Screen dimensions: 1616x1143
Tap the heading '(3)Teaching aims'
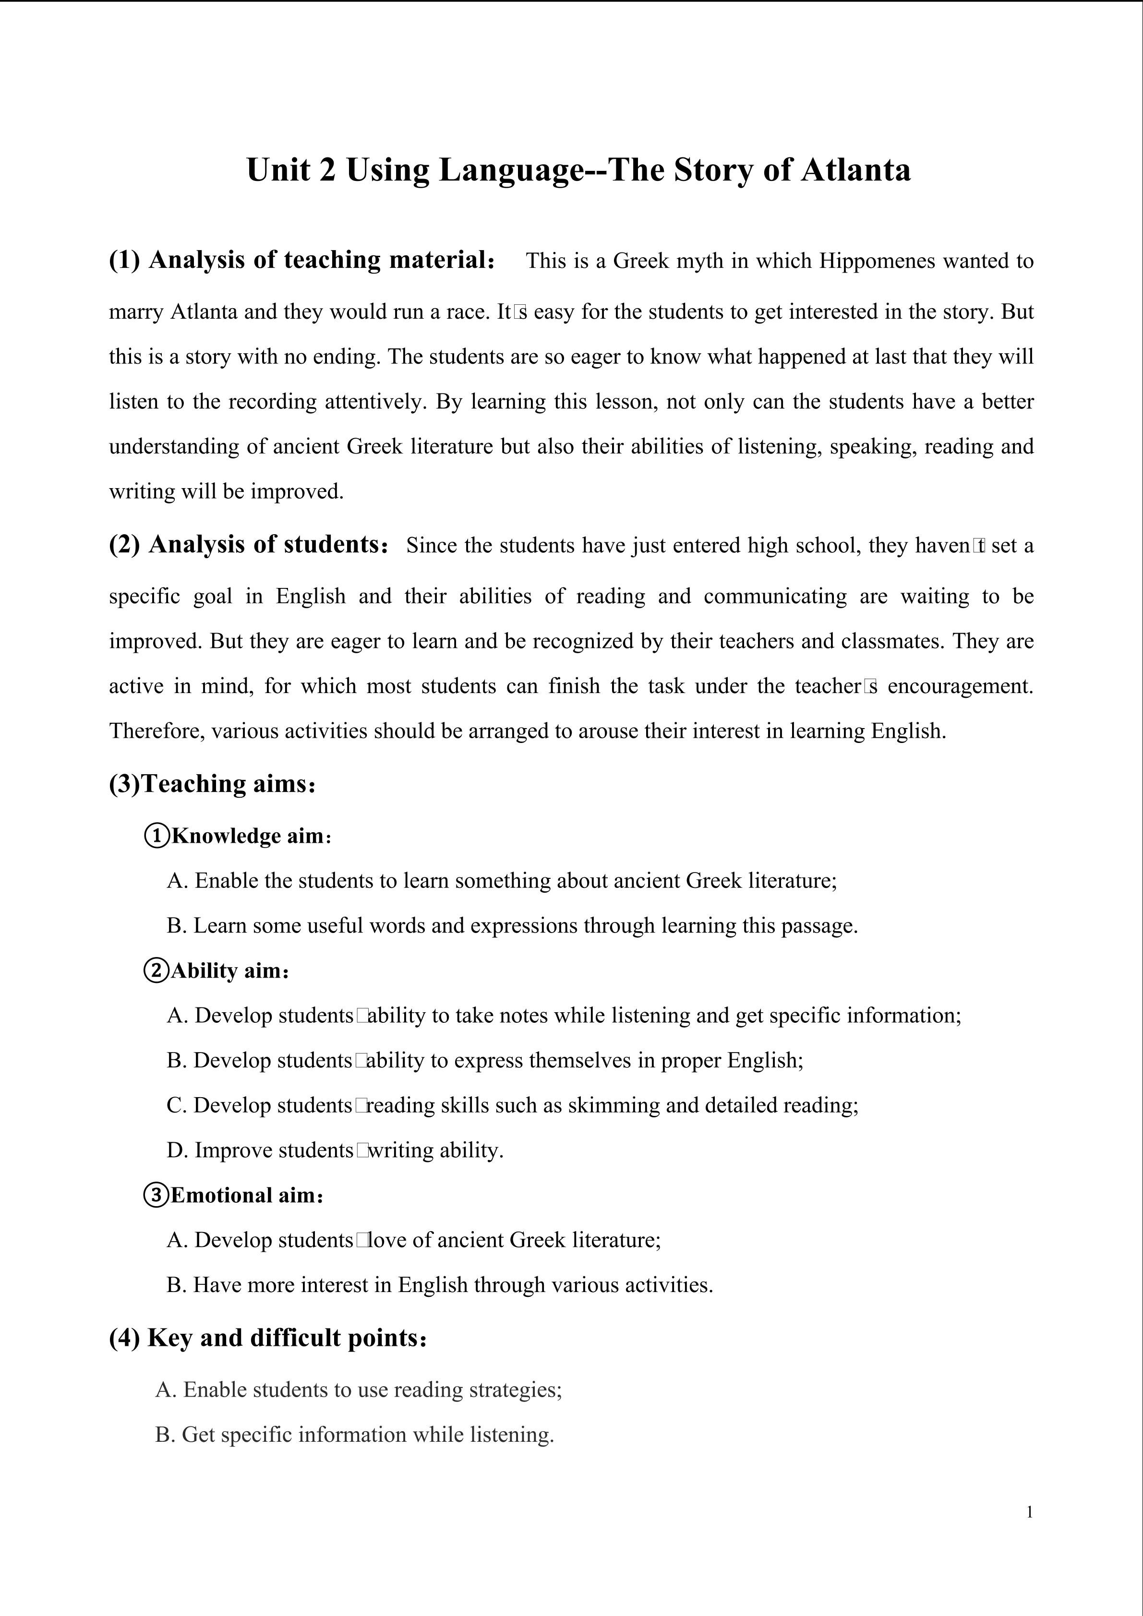(x=212, y=783)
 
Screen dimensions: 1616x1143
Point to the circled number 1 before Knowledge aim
(x=156, y=836)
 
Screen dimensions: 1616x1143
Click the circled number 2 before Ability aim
(x=156, y=970)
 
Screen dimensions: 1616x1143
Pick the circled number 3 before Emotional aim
(x=156, y=1195)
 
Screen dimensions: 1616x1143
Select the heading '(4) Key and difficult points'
(x=267, y=1337)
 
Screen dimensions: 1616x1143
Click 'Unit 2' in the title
(x=291, y=170)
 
